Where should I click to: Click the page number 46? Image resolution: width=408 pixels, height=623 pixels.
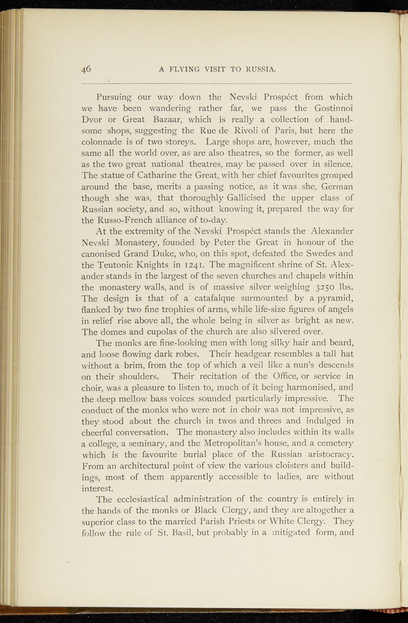click(x=86, y=69)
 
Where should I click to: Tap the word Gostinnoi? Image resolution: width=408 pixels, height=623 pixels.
click(x=334, y=108)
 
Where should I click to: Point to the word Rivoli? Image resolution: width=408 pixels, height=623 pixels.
click(x=246, y=131)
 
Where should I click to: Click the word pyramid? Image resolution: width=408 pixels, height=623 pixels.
click(x=334, y=298)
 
